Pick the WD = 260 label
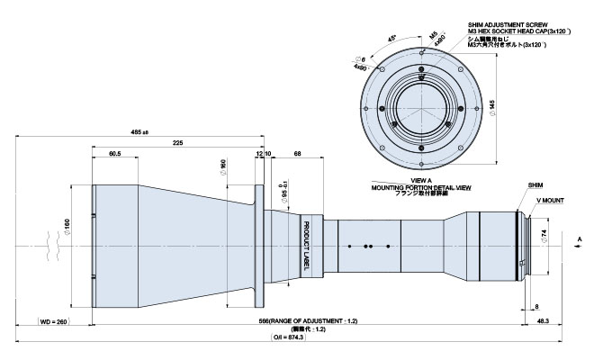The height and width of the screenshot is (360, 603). pyautogui.click(x=55, y=320)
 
